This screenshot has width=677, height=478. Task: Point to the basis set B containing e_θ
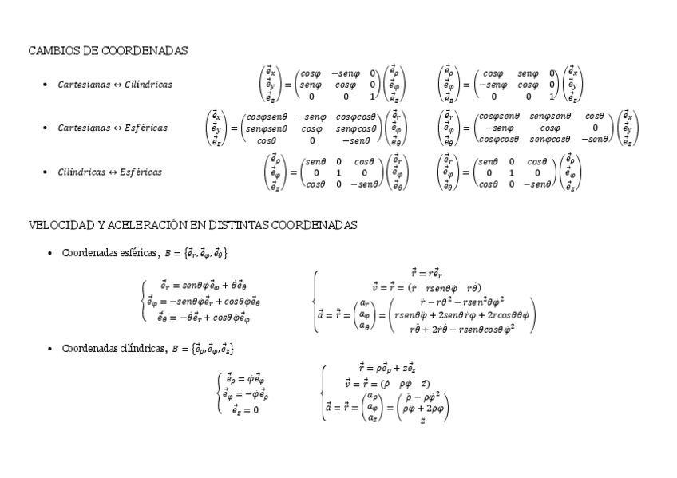(x=196, y=254)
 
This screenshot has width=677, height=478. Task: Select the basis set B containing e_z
(x=200, y=350)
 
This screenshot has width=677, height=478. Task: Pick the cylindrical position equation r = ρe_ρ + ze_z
(x=386, y=368)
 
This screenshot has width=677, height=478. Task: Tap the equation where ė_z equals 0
(x=245, y=409)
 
